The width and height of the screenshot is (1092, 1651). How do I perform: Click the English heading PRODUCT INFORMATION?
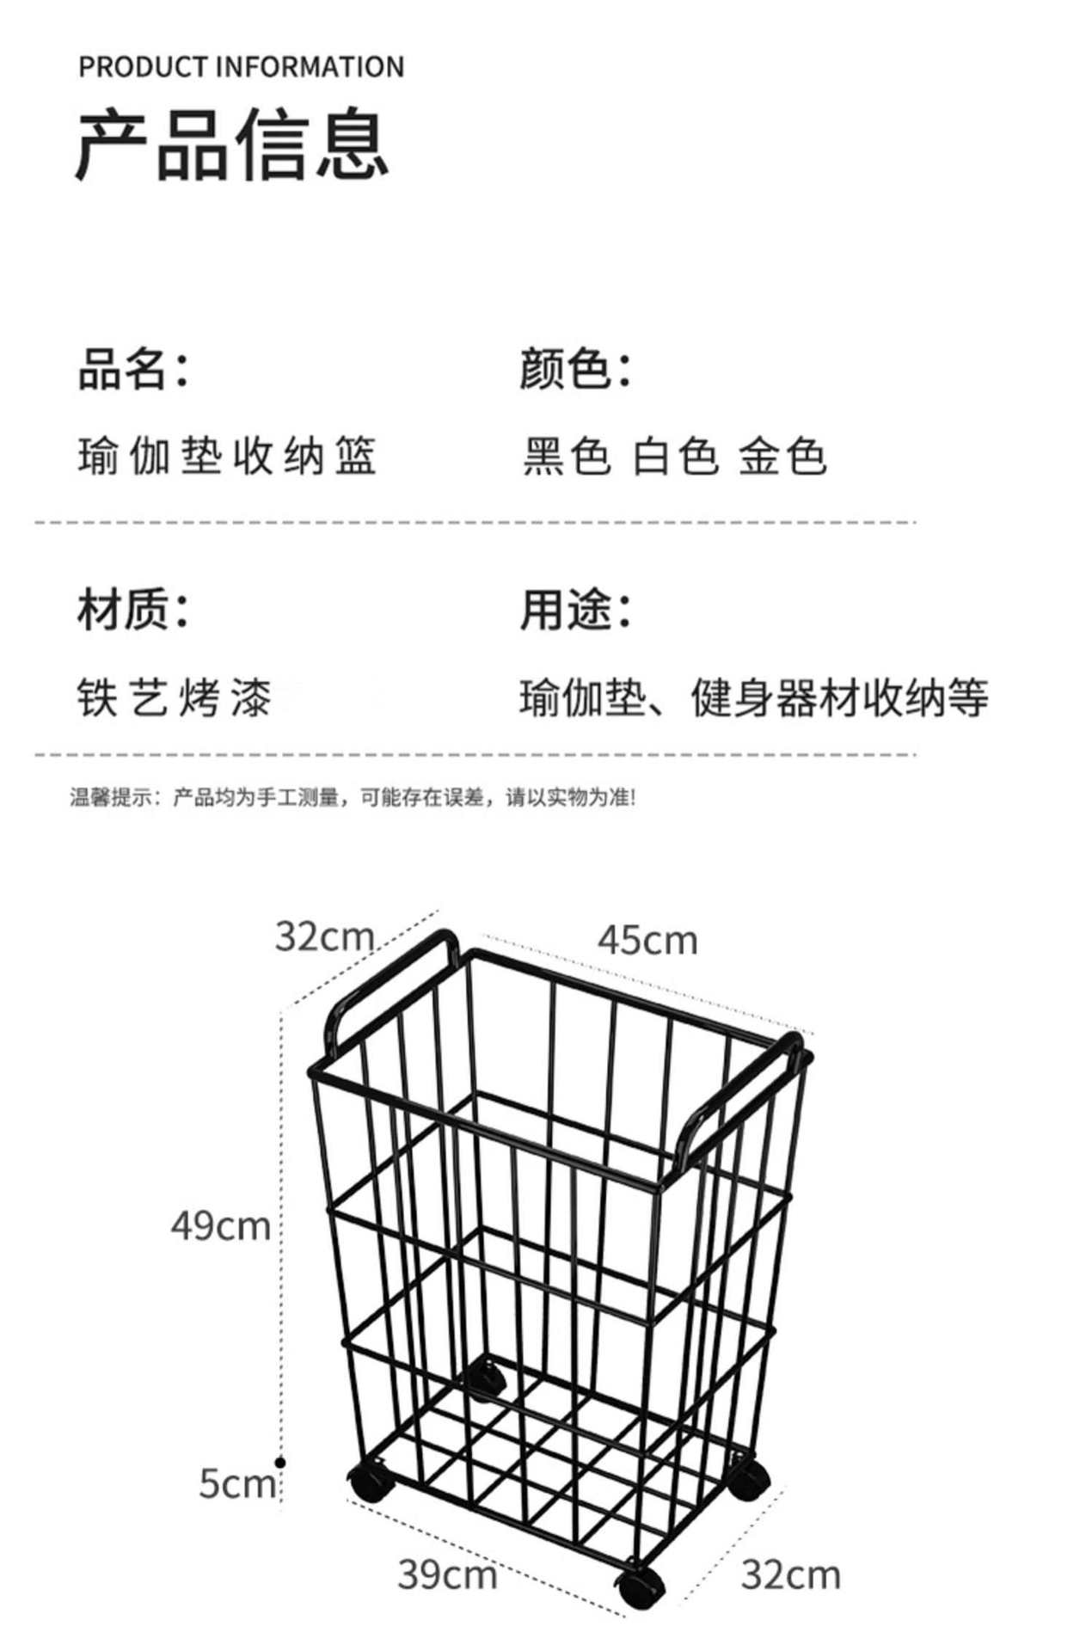[241, 67]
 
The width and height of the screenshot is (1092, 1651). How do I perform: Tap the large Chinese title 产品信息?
[232, 145]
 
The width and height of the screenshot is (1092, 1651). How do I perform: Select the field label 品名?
[133, 369]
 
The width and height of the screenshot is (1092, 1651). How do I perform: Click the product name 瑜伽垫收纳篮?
[227, 456]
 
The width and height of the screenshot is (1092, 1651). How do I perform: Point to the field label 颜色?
[575, 369]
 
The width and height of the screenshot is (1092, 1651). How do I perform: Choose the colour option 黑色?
[567, 456]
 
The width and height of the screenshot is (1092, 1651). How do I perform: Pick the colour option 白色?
[675, 456]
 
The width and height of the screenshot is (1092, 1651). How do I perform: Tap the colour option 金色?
[782, 456]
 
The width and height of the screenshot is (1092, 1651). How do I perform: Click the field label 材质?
[133, 610]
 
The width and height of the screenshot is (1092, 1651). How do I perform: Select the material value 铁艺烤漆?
[175, 697]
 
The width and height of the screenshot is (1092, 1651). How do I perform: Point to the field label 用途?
[575, 610]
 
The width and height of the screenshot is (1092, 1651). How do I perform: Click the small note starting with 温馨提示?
[353, 798]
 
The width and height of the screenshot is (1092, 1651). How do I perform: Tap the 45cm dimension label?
[647, 941]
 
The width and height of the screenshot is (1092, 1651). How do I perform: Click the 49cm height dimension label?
[221, 1225]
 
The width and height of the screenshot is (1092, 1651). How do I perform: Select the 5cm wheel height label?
[236, 1483]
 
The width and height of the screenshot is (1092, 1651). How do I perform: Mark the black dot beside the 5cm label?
[280, 1462]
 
